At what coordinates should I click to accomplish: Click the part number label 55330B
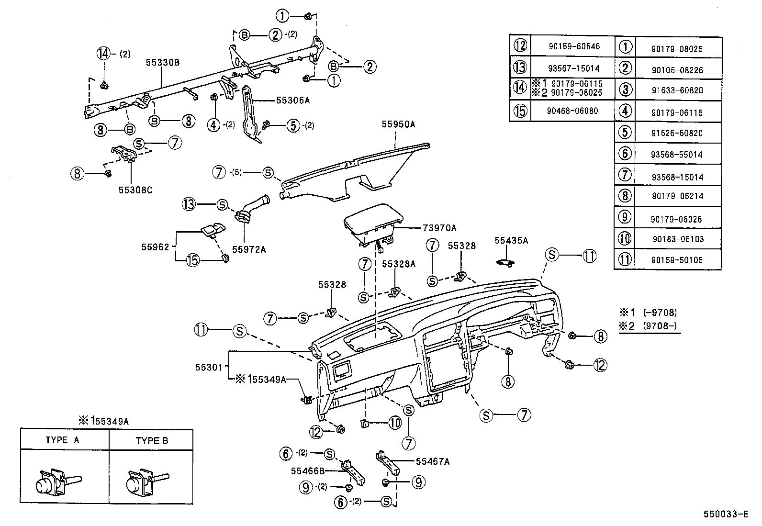coord(163,63)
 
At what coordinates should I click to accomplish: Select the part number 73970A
coord(440,228)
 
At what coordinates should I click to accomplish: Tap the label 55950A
coord(398,124)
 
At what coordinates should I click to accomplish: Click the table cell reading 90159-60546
coord(573,47)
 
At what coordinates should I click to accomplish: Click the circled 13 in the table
coord(520,67)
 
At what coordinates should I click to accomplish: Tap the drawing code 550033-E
coord(725,515)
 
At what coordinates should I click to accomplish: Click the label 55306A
coord(293,101)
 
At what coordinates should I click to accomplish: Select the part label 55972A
coord(248,249)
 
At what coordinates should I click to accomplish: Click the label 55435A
coord(511,241)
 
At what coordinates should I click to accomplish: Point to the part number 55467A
coord(433,461)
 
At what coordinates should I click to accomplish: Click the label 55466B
coord(307,470)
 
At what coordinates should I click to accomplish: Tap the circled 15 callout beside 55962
coord(193,260)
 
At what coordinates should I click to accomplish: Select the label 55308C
coord(135,190)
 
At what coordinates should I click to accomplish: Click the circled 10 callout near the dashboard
coord(394,423)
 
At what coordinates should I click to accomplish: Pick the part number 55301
coord(209,368)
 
